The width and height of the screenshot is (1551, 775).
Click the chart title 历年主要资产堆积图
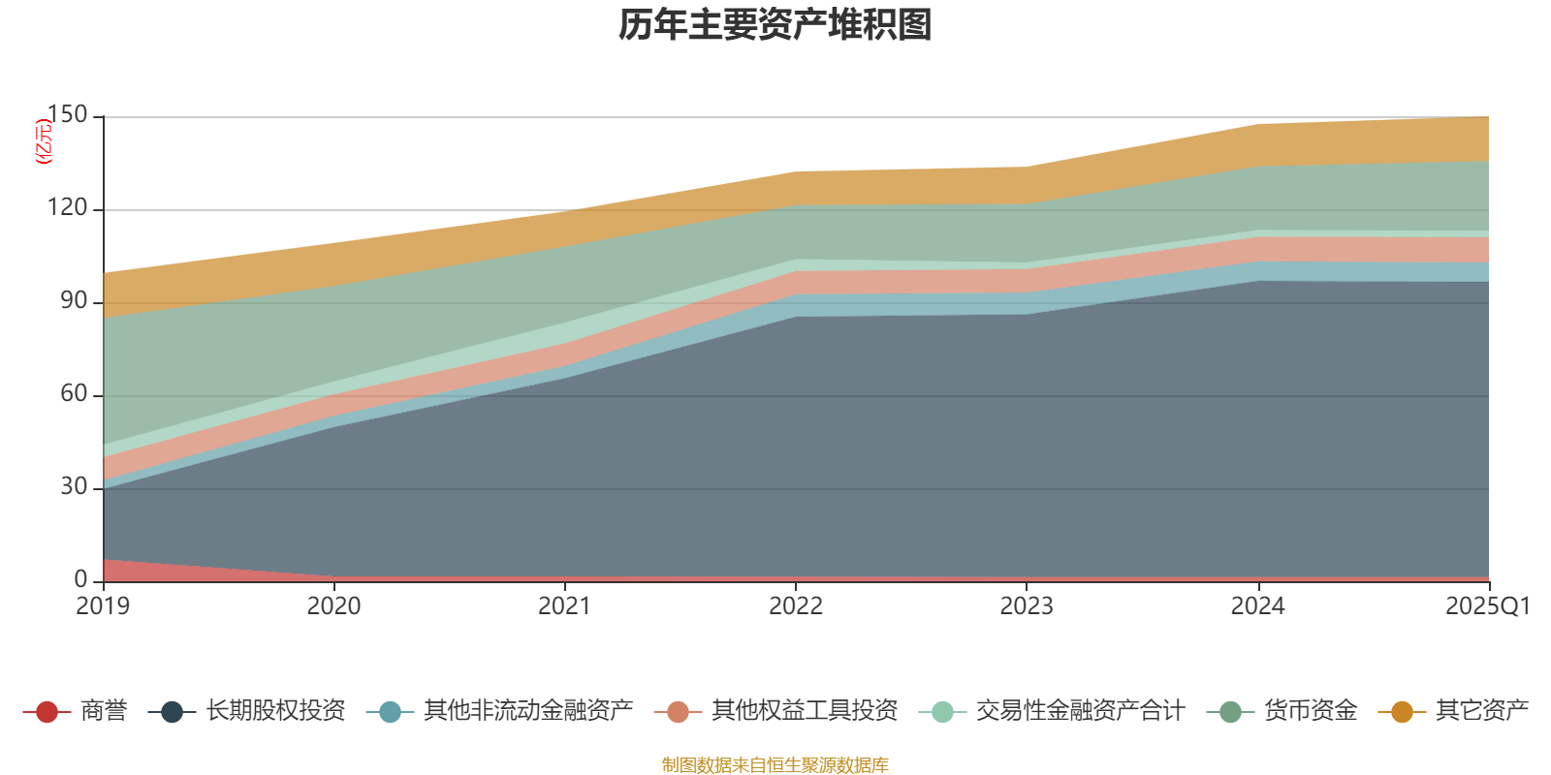[x=775, y=25]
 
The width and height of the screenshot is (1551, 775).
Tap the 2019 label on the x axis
[x=104, y=606]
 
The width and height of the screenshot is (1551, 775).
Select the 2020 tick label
[x=334, y=606]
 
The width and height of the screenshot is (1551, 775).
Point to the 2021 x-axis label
[x=565, y=606]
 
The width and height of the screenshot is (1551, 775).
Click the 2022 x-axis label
[x=796, y=606]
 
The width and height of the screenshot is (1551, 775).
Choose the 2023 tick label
[x=1027, y=606]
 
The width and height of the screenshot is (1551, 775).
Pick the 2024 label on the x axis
[x=1257, y=606]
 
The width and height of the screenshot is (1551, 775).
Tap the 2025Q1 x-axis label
[x=1487, y=606]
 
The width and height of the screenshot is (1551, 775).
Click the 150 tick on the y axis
[x=68, y=115]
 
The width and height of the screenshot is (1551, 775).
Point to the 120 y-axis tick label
[x=68, y=208]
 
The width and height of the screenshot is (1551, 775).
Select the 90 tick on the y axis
[x=74, y=301]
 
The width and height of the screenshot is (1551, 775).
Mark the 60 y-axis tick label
[x=74, y=394]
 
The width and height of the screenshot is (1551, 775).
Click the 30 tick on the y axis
[x=74, y=487]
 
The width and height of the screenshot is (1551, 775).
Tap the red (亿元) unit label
[x=44, y=141]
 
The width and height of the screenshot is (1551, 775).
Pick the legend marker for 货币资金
[x=1230, y=712]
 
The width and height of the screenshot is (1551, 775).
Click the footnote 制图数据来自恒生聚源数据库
[x=775, y=765]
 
